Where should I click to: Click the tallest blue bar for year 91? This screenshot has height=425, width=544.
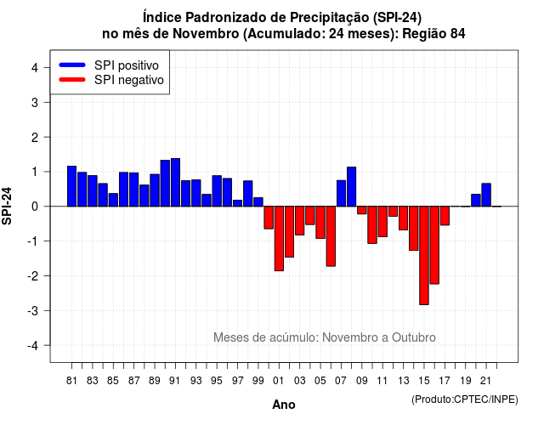pos(175,183)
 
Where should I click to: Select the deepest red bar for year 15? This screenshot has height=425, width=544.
pos(424,256)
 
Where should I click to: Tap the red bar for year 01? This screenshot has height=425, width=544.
pos(279,239)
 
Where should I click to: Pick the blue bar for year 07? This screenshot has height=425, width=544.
pos(341,194)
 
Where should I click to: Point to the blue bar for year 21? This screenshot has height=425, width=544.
pos(486,195)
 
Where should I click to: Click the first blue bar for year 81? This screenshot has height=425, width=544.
pos(71,186)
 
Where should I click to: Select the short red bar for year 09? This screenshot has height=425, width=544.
pos(362,210)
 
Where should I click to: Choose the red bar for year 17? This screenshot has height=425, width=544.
pos(445,216)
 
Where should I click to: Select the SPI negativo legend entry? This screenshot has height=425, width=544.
pos(111,80)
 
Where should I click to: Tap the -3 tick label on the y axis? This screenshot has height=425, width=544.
pos(33,310)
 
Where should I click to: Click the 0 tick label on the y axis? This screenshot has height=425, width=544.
pos(35,207)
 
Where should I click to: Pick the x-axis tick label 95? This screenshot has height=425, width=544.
pos(217,381)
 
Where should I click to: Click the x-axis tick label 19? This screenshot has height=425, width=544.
pos(466,381)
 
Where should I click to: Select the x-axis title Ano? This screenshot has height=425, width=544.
pos(284,405)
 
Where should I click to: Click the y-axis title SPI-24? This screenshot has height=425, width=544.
pos(7,206)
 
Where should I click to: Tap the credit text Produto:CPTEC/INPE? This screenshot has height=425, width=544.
pos(465,399)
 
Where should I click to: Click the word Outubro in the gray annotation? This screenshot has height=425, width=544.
pos(414,337)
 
